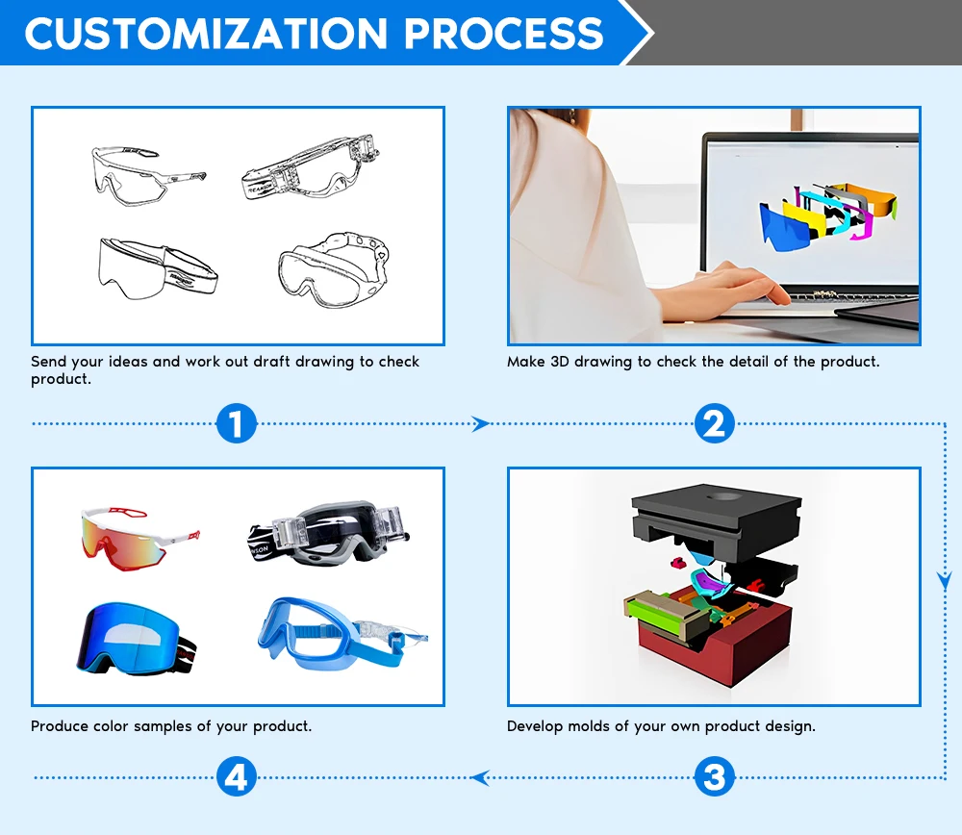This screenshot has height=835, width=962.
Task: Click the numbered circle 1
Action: (x=237, y=423)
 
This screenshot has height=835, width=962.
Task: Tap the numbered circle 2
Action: (x=714, y=423)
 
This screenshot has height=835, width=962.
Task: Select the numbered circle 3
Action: (x=714, y=776)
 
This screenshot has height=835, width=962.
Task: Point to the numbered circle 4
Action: (x=237, y=776)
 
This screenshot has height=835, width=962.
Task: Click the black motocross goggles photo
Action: (x=332, y=532)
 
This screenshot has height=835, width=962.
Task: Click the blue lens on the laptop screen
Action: (x=784, y=227)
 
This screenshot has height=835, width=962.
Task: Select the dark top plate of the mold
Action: (x=716, y=515)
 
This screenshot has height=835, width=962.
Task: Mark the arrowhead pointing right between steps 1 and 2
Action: (x=480, y=423)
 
